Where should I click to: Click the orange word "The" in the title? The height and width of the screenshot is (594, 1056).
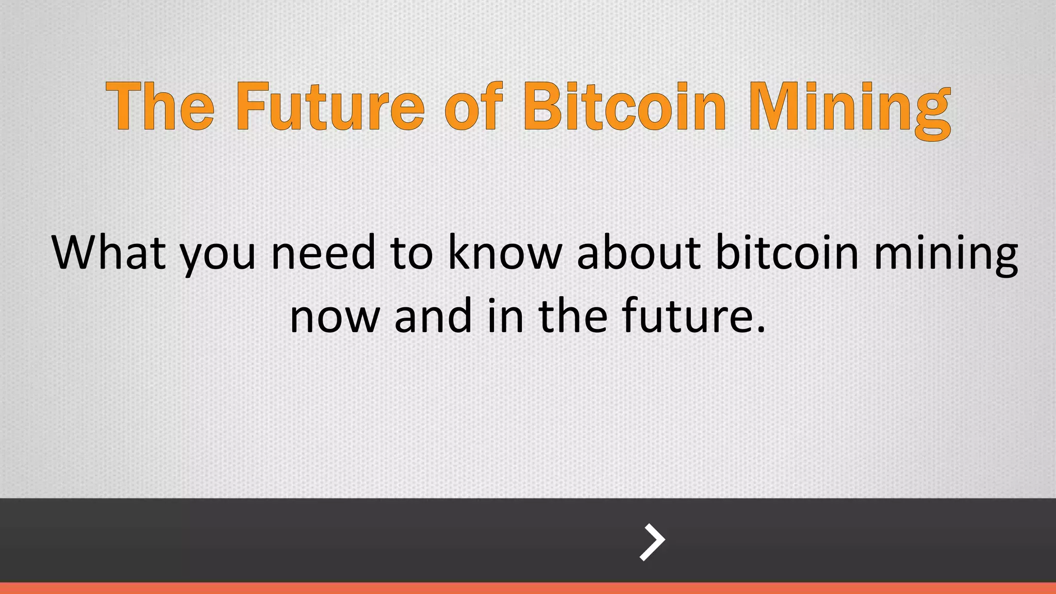click(x=160, y=106)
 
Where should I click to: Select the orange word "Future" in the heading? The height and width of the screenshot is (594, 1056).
click(x=330, y=106)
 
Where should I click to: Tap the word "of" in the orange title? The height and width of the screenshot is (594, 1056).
click(x=473, y=106)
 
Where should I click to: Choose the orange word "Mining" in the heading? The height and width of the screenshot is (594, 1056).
click(x=849, y=108)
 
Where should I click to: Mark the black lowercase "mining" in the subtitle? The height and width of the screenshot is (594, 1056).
click(x=946, y=255)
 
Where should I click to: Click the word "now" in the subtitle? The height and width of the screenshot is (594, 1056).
click(x=335, y=318)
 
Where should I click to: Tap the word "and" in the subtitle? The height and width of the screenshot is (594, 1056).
click(x=433, y=316)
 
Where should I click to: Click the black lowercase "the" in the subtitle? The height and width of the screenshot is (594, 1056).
click(x=573, y=316)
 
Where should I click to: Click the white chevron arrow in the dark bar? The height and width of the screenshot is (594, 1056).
click(x=652, y=542)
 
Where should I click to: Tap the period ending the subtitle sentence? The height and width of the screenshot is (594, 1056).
click(x=761, y=329)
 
